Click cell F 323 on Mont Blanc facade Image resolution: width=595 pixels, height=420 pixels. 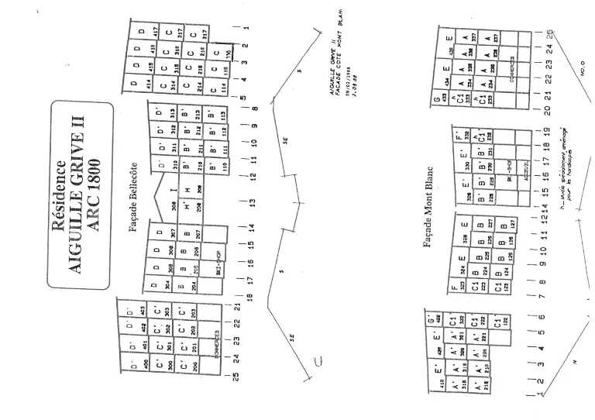[x=459, y=285]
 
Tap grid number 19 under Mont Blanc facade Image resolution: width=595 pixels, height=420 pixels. [x=547, y=132]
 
